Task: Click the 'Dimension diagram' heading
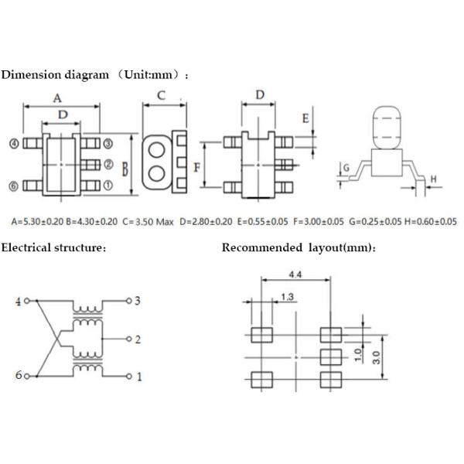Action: [55, 75]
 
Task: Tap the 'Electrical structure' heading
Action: [53, 247]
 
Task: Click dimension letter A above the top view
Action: [57, 98]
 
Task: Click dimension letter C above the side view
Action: [162, 96]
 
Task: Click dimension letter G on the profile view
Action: [346, 167]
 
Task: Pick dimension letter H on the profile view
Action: [433, 179]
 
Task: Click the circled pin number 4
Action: [13, 143]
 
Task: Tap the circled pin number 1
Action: [107, 186]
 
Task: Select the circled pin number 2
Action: [107, 164]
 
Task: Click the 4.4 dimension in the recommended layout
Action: [295, 275]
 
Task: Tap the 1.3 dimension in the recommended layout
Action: [287, 297]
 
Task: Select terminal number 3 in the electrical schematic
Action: [137, 300]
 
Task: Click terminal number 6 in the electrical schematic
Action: [18, 376]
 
